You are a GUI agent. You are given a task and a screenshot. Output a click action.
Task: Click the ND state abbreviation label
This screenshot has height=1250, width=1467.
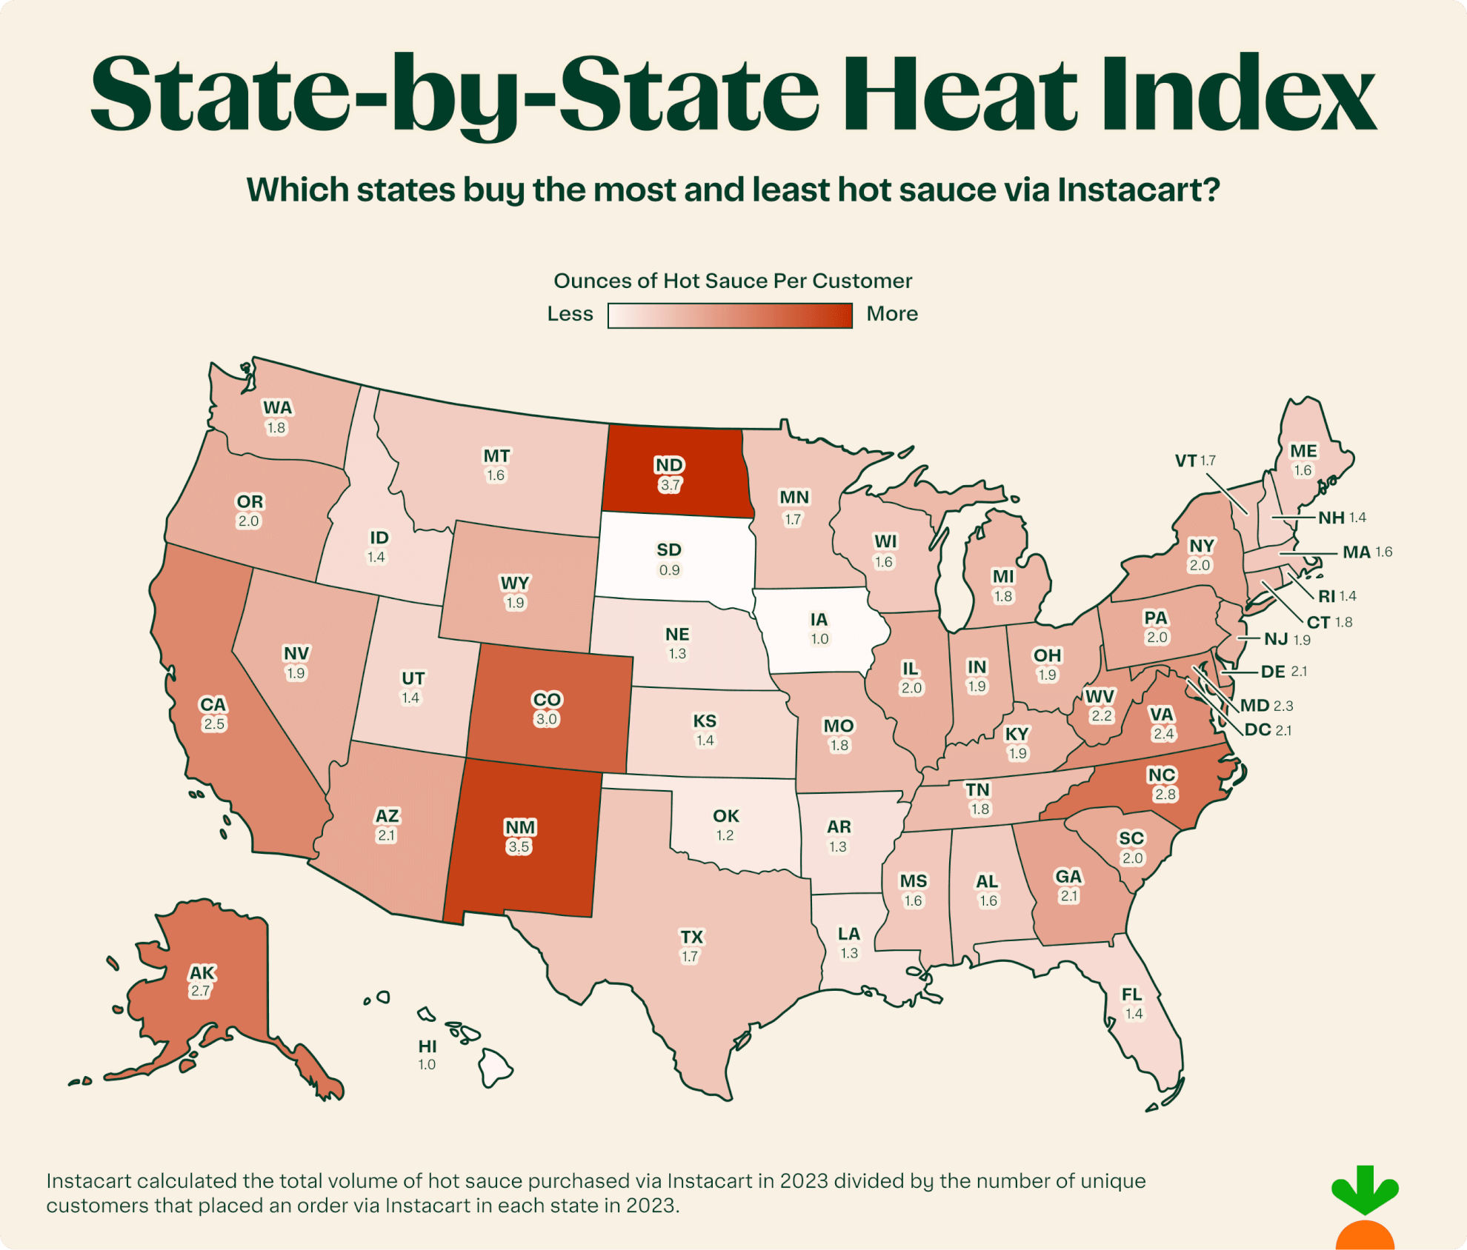coord(669,464)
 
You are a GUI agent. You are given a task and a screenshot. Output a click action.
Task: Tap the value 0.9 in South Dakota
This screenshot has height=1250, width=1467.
coord(669,570)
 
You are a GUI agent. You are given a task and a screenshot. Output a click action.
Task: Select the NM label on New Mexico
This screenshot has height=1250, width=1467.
coord(519,827)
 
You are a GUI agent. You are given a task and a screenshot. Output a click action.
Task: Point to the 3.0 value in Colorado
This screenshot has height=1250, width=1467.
coord(546,719)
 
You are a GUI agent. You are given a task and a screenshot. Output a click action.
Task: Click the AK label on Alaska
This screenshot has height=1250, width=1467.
coord(202,972)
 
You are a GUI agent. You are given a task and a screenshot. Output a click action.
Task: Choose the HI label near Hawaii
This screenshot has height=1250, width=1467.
coord(428,1046)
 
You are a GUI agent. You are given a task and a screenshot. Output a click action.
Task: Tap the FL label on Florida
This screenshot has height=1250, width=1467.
coord(1131,995)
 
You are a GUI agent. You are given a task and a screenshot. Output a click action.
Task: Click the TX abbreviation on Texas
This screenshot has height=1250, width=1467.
coord(691,937)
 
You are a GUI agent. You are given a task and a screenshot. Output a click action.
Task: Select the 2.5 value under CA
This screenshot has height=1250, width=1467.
coord(214,723)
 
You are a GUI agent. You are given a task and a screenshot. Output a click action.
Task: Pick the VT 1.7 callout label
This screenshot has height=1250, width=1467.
coord(1194,461)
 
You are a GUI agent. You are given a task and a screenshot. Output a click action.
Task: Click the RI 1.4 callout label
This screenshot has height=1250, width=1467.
coord(1337,596)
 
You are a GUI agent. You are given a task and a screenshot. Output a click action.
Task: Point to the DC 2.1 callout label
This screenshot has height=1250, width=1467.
coord(1267,730)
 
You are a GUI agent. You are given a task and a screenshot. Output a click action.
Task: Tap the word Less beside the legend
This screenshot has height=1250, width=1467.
coord(570,314)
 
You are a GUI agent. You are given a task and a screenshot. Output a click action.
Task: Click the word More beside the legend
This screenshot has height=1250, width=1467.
coord(892,314)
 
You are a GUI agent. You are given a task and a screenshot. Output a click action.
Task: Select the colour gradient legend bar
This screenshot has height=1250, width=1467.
coord(730,315)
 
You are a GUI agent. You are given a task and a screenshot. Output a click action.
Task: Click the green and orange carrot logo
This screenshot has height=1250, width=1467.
coord(1365,1207)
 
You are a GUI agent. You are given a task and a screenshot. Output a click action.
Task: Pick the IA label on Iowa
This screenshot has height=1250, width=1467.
coord(819,619)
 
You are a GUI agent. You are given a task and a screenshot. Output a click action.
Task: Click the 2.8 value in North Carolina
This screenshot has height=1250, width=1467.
coord(1165,795)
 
